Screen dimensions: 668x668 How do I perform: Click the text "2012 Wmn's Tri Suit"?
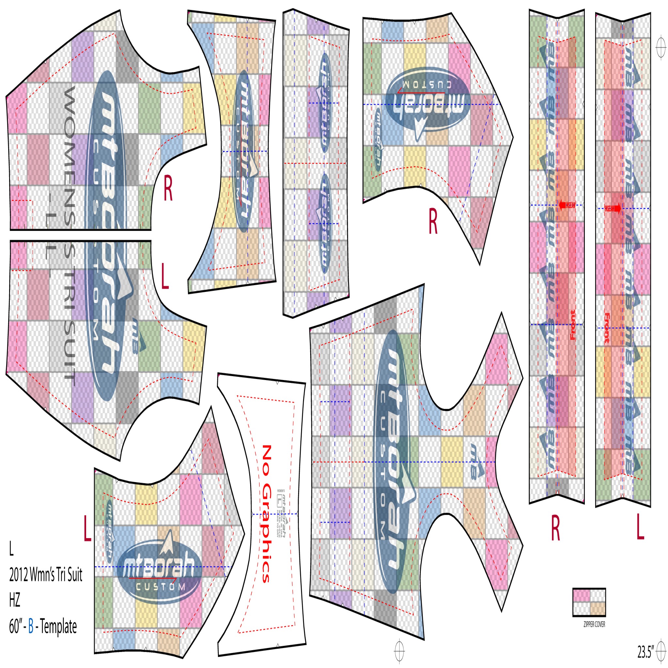tap(46, 575)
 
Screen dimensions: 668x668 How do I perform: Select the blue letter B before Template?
tap(31, 626)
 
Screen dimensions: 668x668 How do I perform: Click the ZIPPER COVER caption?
tap(594, 624)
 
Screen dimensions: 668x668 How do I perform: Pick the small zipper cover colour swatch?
tap(589, 602)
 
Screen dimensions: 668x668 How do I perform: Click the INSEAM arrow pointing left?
tap(567, 205)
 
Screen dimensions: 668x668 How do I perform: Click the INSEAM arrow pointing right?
tap(613, 208)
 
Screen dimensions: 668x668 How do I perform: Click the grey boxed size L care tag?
tap(280, 500)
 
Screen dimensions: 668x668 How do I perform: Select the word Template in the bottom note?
tap(58, 626)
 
